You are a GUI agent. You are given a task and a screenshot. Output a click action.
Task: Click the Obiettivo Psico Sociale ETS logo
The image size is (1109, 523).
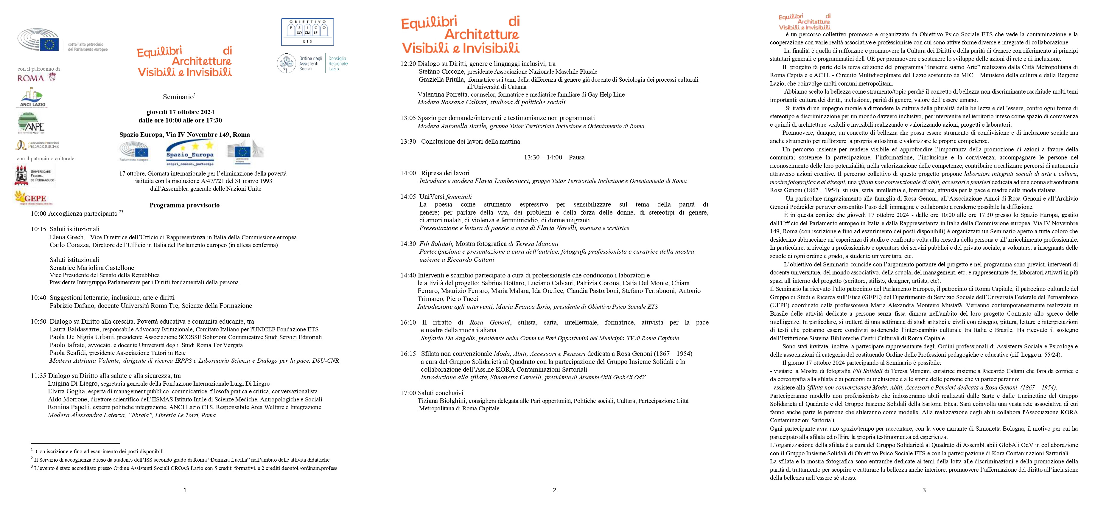[x=307, y=32]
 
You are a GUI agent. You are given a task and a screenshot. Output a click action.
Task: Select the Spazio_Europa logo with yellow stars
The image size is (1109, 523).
[x=190, y=152]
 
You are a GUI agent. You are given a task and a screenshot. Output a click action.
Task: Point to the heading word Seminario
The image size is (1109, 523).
[x=178, y=97]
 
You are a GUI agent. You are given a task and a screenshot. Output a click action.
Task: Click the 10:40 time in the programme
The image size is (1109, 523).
[x=39, y=298]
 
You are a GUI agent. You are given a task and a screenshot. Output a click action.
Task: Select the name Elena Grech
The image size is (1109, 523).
[x=67, y=238]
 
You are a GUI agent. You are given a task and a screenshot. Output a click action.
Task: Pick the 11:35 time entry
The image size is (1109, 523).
[x=39, y=376]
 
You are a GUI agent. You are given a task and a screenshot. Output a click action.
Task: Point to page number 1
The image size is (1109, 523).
[x=185, y=490]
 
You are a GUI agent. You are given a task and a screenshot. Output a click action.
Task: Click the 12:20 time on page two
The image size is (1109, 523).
[x=408, y=64]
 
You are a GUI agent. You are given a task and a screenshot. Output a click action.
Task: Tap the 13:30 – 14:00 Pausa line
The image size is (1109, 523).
[x=554, y=157]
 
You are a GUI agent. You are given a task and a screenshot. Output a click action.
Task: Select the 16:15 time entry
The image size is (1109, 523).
[x=408, y=354]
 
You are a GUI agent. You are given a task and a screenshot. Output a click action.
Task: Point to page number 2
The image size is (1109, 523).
[x=554, y=490]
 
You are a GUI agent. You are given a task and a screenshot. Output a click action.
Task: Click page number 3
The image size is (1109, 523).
[x=924, y=490]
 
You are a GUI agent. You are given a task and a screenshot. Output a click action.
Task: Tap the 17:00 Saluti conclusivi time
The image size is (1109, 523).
[x=408, y=393]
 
